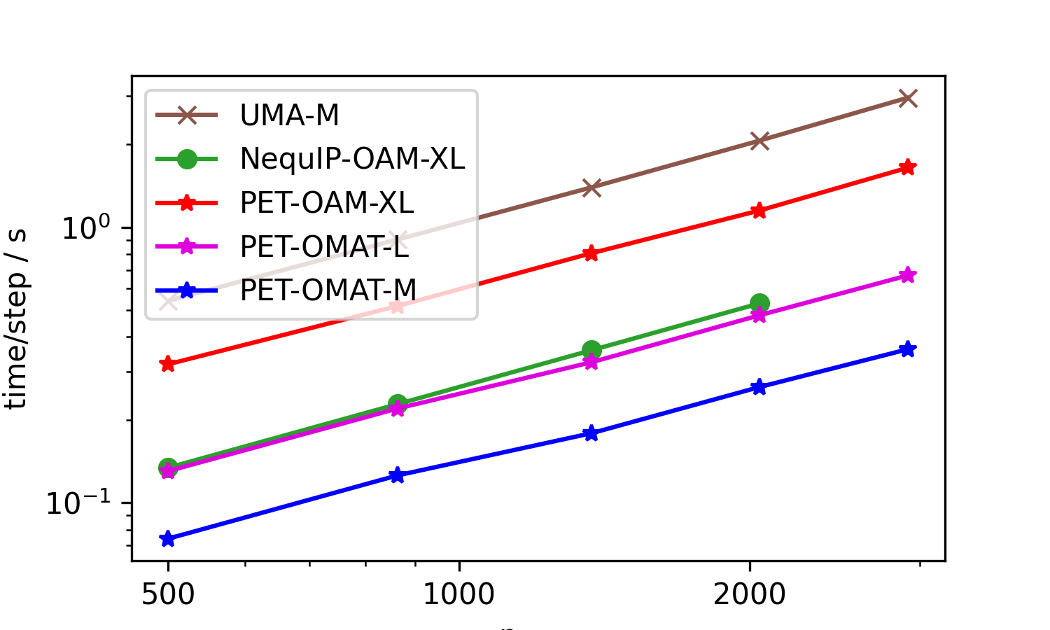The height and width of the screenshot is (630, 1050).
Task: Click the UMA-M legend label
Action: [x=289, y=115]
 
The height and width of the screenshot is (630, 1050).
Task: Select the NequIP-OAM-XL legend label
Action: [x=352, y=159]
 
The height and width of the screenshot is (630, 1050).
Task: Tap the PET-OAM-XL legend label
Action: [x=326, y=203]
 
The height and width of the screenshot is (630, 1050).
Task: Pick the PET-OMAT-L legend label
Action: [x=324, y=246]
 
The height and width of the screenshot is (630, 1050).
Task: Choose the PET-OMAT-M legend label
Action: [x=328, y=290]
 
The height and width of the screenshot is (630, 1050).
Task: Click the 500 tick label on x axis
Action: [x=167, y=595]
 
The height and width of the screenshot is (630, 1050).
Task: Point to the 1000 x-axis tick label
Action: [x=458, y=595]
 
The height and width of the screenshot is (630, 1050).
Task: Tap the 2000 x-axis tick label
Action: [x=750, y=595]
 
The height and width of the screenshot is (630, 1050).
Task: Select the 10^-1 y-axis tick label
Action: [x=78, y=502]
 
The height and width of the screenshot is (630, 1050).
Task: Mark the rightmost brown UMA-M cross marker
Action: [x=908, y=98]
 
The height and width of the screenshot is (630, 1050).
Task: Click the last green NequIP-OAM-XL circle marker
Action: [x=759, y=303]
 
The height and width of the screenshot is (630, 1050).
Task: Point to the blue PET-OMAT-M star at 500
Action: [x=167, y=539]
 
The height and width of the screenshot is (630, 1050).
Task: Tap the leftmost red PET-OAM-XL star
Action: [x=167, y=364]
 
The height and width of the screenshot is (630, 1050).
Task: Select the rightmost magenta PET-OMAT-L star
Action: [x=908, y=275]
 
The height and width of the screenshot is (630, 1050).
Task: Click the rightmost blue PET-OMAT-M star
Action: [x=908, y=349]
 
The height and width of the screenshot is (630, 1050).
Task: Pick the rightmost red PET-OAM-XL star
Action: [x=908, y=167]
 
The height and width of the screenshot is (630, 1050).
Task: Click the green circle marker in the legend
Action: [x=187, y=159]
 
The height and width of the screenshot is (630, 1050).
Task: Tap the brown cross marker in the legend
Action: [x=187, y=115]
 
